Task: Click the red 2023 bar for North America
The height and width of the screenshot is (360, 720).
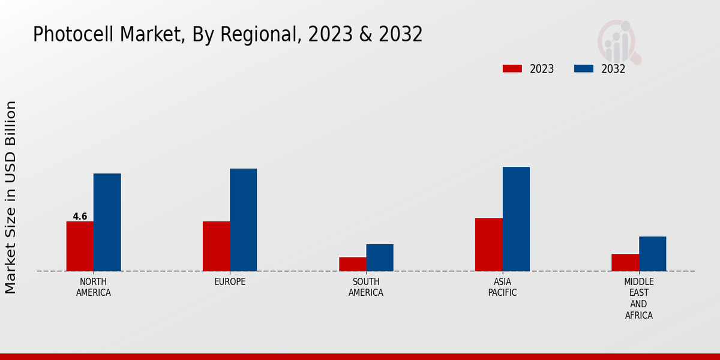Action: pos(80,246)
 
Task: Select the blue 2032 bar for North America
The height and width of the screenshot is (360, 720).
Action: pos(107,222)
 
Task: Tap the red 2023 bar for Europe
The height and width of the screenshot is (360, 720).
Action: pos(216,246)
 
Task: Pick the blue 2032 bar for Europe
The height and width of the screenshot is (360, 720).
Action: pos(243,220)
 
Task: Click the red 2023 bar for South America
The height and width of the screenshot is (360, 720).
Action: pos(352,264)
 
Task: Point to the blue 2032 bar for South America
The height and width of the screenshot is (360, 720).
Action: pos(380,257)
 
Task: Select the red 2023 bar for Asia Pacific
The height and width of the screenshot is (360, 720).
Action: pos(488,244)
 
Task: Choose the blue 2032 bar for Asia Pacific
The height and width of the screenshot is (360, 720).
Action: pos(516,219)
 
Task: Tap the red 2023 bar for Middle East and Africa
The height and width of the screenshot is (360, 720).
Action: pos(625,262)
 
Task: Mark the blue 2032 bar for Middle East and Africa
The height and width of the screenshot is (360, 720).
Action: pos(652,254)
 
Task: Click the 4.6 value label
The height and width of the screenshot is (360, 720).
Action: pos(80,217)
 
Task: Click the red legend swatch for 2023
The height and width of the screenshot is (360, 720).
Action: pos(512,68)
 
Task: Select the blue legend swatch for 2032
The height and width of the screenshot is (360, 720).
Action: pos(584,68)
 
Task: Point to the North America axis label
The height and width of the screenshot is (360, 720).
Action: pos(94,287)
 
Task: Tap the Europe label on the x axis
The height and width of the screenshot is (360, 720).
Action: pos(230,281)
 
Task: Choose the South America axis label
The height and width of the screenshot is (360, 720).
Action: pos(366,287)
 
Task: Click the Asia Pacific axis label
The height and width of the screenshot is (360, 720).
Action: pos(502,287)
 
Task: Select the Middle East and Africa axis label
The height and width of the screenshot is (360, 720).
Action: pos(639,298)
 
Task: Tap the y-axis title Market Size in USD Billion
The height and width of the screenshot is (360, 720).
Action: pos(11,197)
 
